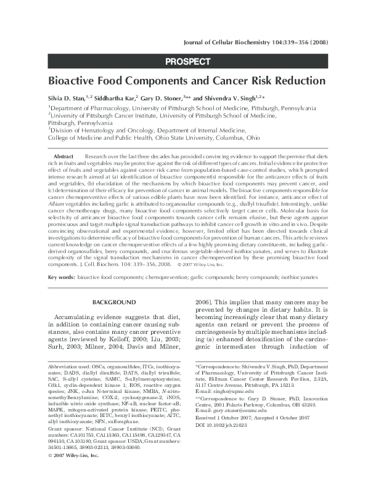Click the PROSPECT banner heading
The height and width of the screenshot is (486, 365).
188,61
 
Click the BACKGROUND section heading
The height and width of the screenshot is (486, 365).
113,302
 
